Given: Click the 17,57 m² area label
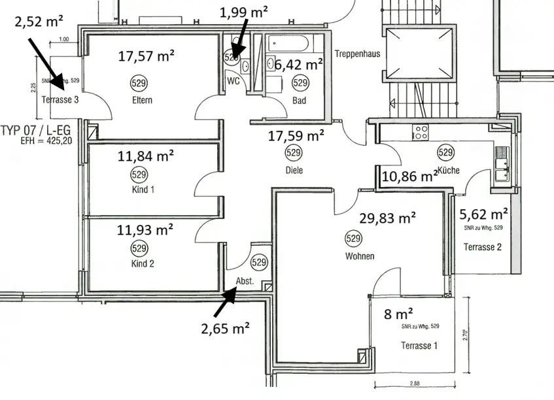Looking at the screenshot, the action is click(x=146, y=56).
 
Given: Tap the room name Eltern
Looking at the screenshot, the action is click(x=141, y=100).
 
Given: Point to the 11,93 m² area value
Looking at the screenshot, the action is click(x=145, y=230).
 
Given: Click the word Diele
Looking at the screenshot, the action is click(x=294, y=170).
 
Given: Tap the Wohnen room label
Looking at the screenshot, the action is click(x=360, y=256).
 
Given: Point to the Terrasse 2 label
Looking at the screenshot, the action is click(x=483, y=246).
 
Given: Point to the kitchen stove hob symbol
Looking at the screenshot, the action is click(x=419, y=132).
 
